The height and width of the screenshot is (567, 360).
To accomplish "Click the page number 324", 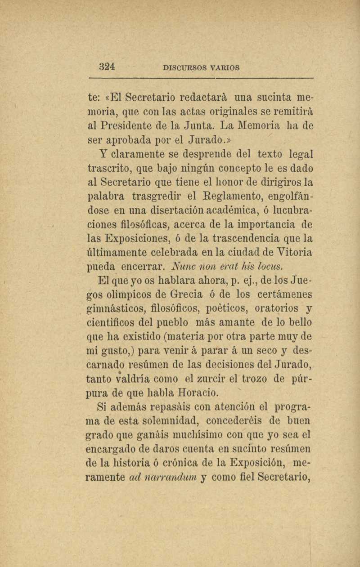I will coord(107,67).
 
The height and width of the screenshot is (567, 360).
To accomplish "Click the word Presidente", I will coord(129,125).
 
